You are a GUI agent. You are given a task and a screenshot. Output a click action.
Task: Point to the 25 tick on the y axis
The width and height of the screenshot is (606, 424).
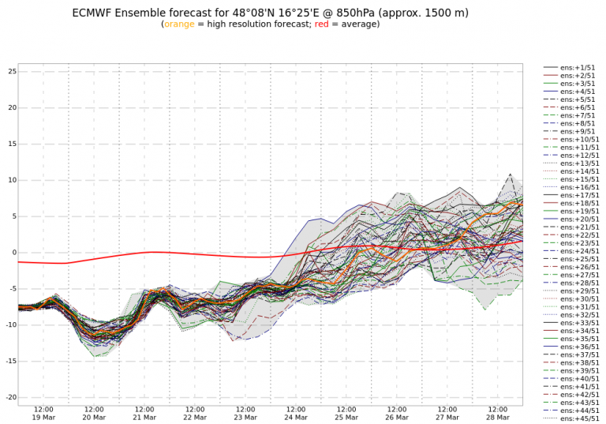pos(12,72)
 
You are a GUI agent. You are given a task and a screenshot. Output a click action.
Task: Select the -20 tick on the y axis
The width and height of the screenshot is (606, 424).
pos(9,397)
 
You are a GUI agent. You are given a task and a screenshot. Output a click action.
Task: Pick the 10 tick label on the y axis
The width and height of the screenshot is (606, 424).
pos(12,180)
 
